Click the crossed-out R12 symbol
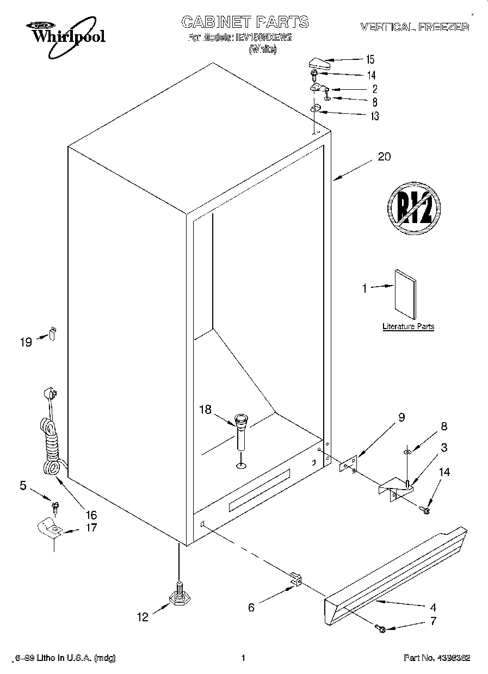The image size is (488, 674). (x=413, y=207)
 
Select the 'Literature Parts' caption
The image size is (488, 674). (x=408, y=326)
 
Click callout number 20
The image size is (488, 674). (x=384, y=157)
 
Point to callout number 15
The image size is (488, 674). (x=370, y=59)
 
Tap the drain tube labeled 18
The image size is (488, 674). (x=240, y=432)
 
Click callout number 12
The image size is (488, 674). (x=142, y=617)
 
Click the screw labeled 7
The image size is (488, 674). (x=381, y=629)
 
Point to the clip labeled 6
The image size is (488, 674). (x=295, y=579)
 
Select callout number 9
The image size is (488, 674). (x=401, y=418)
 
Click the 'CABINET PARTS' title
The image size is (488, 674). (x=244, y=22)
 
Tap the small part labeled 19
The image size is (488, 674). (x=53, y=332)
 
